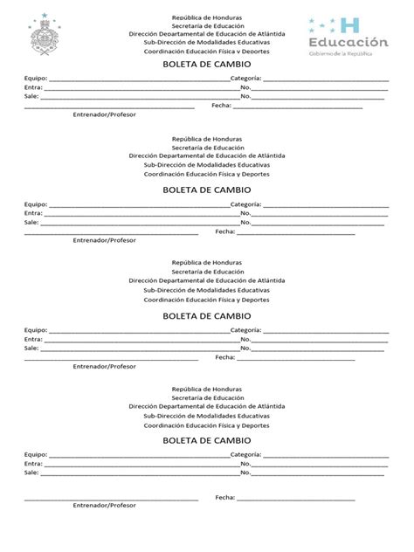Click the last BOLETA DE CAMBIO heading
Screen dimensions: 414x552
[207, 440]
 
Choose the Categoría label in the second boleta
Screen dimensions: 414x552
[245, 205]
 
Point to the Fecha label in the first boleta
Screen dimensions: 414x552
[220, 106]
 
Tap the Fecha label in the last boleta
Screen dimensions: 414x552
[225, 498]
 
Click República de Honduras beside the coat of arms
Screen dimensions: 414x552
[207, 17]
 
